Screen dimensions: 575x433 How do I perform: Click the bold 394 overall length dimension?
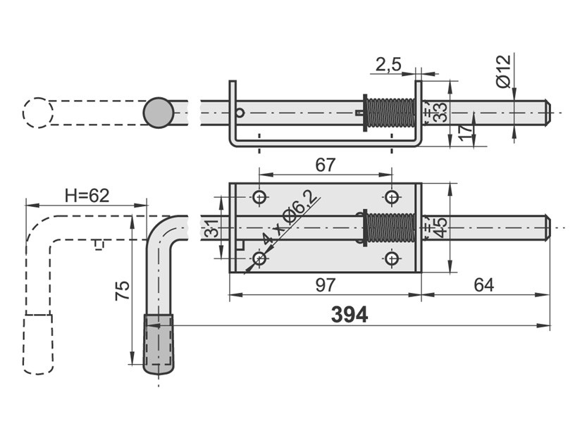tap(349, 315)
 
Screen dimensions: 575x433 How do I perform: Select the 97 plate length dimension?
tap(326, 285)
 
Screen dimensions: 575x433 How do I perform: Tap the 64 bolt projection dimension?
tap(483, 285)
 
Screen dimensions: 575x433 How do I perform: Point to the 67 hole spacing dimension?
tap(326, 165)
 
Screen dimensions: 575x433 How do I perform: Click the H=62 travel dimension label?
tap(87, 196)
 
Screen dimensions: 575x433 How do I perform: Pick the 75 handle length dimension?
tap(123, 291)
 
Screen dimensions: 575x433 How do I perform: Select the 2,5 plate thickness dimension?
tap(388, 65)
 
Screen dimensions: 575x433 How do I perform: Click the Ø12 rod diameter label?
tap(503, 71)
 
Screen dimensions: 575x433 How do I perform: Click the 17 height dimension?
tap(465, 133)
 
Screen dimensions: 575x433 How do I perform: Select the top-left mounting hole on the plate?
tap(259, 198)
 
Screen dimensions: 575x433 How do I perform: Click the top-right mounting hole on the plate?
tap(392, 198)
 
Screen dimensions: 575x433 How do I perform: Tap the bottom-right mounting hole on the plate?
tap(392, 258)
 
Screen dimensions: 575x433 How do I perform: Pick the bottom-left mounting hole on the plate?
tap(259, 258)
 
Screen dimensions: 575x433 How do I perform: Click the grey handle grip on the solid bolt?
tap(159, 344)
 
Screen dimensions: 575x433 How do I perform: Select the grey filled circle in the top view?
tap(159, 113)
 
